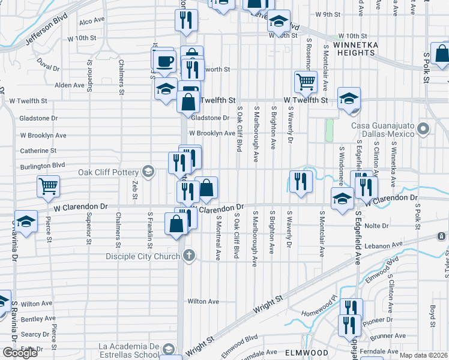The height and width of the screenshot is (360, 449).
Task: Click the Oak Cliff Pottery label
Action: click(x=110, y=172)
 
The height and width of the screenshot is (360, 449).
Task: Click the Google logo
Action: click(x=20, y=353)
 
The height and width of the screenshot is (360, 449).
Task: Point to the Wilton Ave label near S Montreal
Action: click(x=203, y=301)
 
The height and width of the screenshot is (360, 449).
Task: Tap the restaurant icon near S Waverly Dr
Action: click(x=301, y=182)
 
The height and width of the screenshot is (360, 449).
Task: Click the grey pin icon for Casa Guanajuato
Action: click(x=424, y=129)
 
